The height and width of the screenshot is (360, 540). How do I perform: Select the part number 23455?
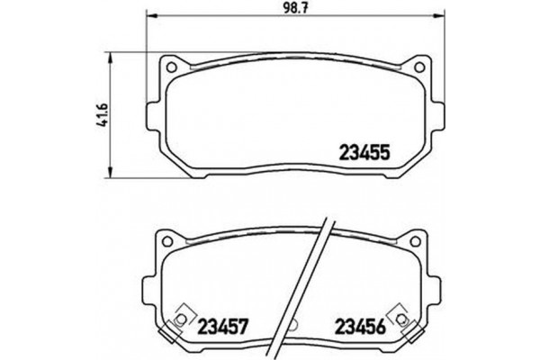click(x=363, y=153)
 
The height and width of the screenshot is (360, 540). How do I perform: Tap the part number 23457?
click(x=224, y=325)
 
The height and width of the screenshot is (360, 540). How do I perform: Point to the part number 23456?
click(x=362, y=325)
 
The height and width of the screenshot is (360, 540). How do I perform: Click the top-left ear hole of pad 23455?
click(x=169, y=67)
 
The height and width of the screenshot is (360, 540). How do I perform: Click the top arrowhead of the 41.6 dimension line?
click(x=110, y=56)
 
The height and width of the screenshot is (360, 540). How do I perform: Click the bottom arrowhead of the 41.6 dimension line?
click(x=110, y=173)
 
